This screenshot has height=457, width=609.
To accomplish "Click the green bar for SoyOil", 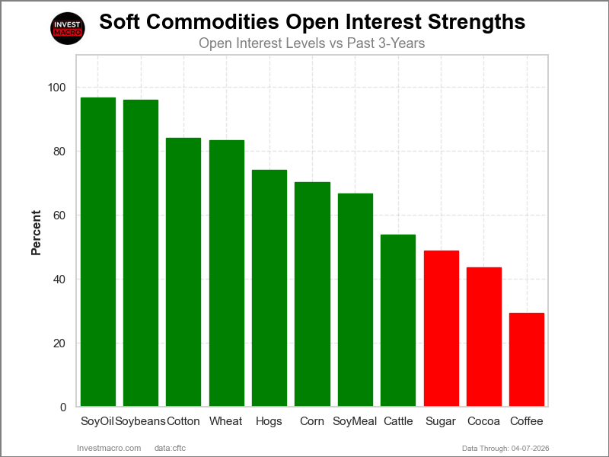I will [x=97, y=251].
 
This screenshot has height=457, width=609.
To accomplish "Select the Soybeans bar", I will [x=141, y=253].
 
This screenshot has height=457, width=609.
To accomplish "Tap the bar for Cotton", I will [x=183, y=272].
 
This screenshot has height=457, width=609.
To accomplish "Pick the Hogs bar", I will [x=269, y=288].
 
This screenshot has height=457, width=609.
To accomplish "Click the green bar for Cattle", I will [x=398, y=320].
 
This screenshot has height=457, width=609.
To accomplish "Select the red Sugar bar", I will [x=441, y=328].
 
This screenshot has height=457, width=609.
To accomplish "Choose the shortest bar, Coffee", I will [x=527, y=360].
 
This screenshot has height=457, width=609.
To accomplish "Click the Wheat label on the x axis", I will [x=226, y=421].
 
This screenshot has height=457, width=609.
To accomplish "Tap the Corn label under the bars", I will [x=312, y=421].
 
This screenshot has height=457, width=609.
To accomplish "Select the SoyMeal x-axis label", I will [x=355, y=421].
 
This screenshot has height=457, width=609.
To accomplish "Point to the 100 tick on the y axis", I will [x=56, y=88].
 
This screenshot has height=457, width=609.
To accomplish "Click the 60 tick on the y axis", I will [x=59, y=216].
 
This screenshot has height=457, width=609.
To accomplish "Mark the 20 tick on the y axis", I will [x=59, y=344].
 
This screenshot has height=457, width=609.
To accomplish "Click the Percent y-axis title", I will [x=36, y=232].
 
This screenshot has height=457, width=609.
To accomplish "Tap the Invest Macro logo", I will [x=68, y=27].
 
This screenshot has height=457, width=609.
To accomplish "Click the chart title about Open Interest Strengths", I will [x=312, y=21].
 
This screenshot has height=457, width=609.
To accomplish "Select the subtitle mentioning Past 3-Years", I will [x=311, y=43].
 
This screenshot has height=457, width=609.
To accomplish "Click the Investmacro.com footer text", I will [x=110, y=448].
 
